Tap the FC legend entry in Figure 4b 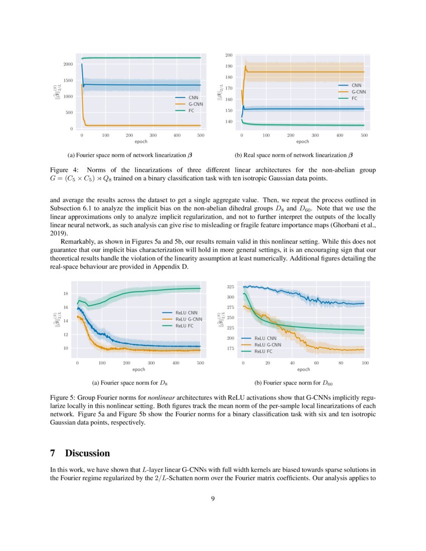tap(354, 99)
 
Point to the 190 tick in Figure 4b tap(229, 66)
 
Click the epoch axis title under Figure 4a tap(141, 142)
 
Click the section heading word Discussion tap(87, 453)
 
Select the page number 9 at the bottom tap(213, 498)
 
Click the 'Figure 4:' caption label tap(64, 170)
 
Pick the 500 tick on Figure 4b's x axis tap(364, 135)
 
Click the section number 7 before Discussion tap(53, 453)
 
